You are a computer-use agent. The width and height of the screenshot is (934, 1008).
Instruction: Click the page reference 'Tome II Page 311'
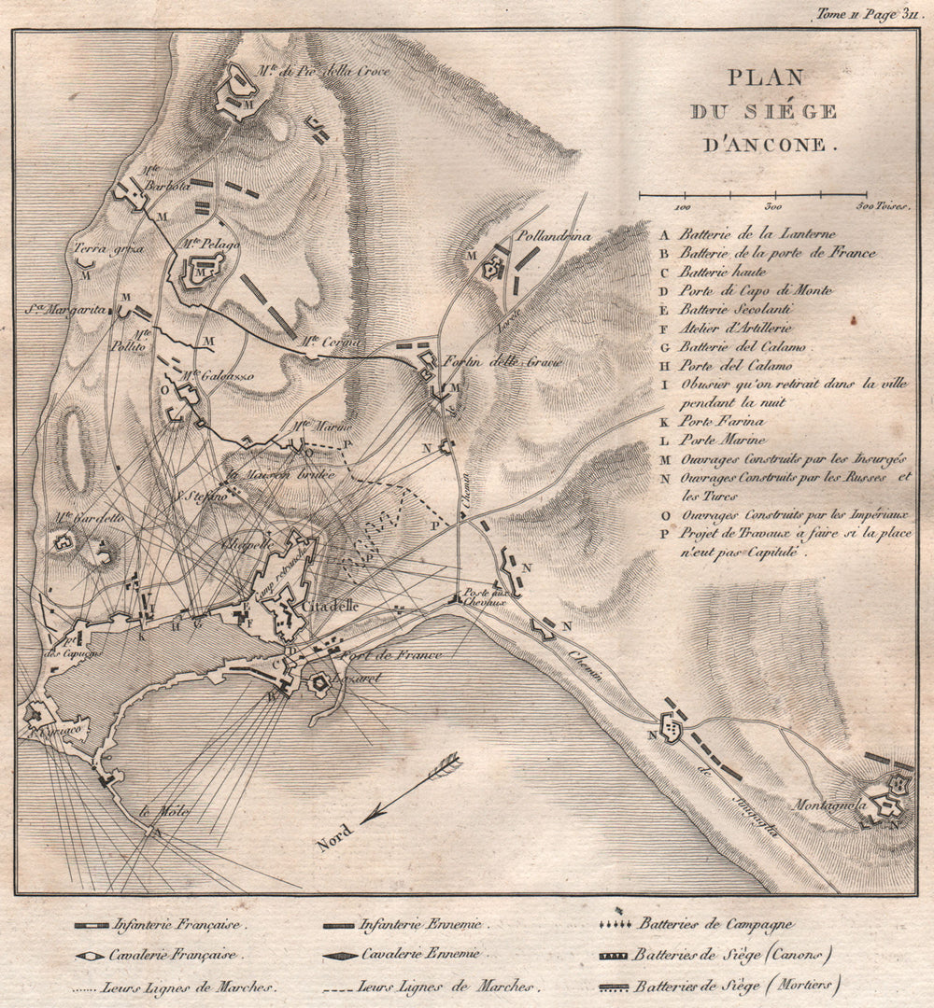coord(855,13)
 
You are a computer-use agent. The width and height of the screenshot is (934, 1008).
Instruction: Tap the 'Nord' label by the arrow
coord(334,833)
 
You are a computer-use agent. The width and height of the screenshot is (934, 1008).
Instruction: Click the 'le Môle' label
coord(163,812)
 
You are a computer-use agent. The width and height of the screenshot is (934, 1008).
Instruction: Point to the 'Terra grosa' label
coord(104,249)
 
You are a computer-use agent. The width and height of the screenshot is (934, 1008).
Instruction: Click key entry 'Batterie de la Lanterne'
coord(757,234)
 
